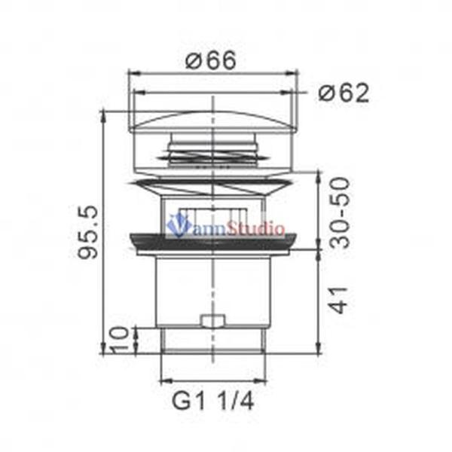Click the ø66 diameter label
(210, 60)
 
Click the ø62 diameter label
(344, 93)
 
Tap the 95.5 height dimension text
(88, 232)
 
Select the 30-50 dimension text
(339, 212)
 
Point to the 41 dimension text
(339, 300)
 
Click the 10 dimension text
(119, 340)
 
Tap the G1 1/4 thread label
(212, 401)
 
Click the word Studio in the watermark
(255, 228)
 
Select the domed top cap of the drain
(212, 121)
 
